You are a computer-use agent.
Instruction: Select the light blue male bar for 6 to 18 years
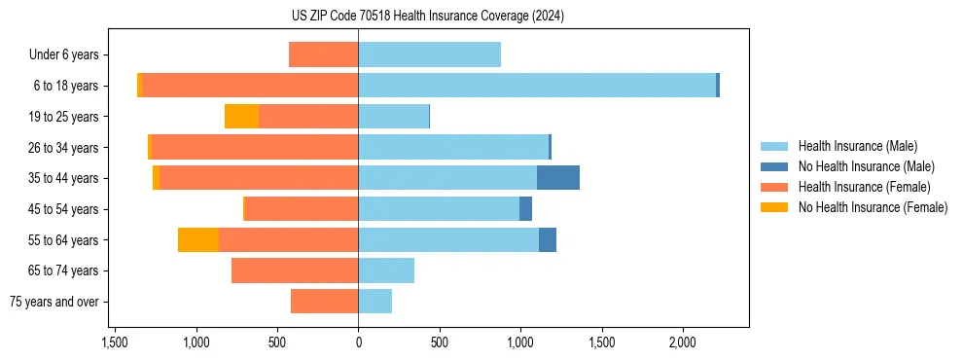click(x=537, y=86)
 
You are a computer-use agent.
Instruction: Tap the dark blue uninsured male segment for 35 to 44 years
click(x=558, y=178)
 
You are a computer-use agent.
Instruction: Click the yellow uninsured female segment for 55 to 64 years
click(x=198, y=240)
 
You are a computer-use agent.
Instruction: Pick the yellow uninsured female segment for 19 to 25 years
click(x=241, y=117)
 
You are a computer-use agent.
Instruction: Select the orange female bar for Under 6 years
click(x=323, y=54)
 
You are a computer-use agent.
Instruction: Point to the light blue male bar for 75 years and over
click(x=375, y=302)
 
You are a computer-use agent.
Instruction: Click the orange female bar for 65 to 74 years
click(x=295, y=270)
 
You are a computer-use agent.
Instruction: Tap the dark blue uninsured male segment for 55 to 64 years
click(x=548, y=240)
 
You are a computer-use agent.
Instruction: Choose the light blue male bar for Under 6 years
click(x=429, y=54)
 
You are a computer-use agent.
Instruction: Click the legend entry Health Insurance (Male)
click(x=856, y=146)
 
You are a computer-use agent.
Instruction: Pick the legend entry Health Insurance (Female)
click(x=864, y=187)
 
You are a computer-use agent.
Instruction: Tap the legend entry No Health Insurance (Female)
click(x=873, y=207)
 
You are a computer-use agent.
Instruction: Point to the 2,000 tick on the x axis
click(x=682, y=342)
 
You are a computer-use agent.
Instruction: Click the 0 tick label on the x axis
click(x=358, y=342)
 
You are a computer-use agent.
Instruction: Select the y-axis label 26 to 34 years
click(x=64, y=148)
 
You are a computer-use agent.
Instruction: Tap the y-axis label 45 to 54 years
click(x=64, y=209)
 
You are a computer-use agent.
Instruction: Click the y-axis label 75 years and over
click(x=54, y=302)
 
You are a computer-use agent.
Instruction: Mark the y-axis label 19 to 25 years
click(x=64, y=117)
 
